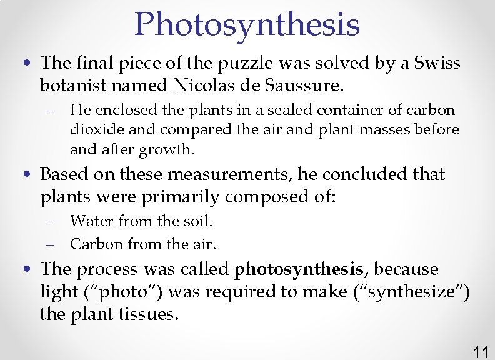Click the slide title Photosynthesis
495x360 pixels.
247,24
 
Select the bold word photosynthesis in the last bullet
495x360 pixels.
299,270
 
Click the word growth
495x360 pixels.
167,149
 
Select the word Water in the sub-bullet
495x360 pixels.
91,221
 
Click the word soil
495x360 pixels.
199,221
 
